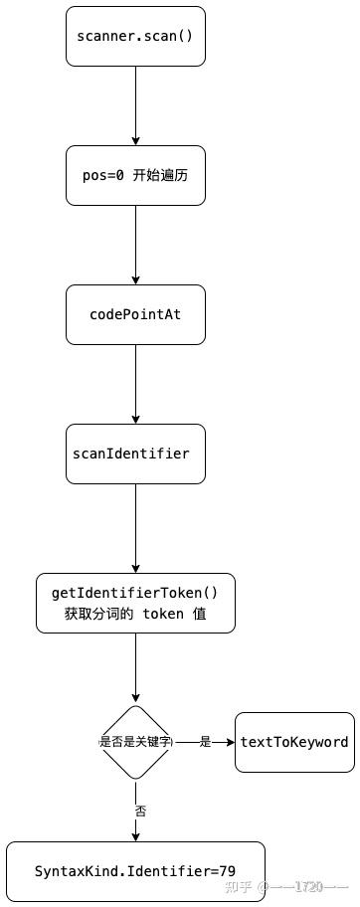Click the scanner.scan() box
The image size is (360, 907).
point(135,36)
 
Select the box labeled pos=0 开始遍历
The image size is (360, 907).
point(135,175)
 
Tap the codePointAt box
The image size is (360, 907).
point(135,314)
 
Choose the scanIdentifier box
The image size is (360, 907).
point(135,453)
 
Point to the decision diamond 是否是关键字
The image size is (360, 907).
point(135,742)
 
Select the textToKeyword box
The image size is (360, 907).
point(294,742)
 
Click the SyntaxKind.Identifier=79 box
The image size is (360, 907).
point(135,871)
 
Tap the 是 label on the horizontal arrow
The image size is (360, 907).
point(206,742)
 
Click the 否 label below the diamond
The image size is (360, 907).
point(139,811)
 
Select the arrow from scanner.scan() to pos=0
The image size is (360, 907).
point(135,105)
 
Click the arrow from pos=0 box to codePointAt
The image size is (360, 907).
point(135,245)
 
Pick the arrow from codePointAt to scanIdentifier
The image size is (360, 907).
point(135,384)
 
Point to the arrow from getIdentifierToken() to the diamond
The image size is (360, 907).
point(135,667)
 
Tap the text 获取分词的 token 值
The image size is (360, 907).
point(135,614)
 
